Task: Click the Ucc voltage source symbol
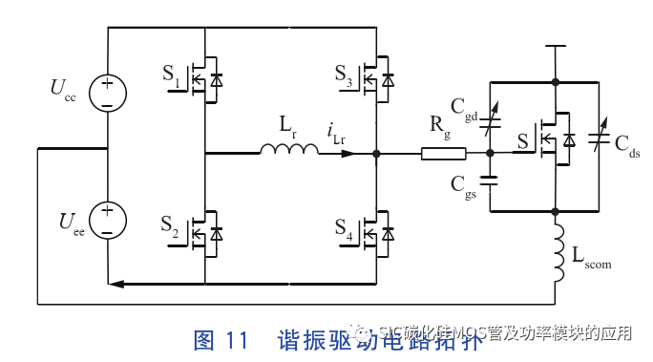point(107,93)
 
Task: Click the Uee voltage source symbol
point(107,221)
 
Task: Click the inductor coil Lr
point(289,149)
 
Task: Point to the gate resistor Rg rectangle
point(444,154)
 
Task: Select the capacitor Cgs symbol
point(490,181)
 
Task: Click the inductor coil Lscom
point(555,248)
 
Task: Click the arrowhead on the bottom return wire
point(116,284)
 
